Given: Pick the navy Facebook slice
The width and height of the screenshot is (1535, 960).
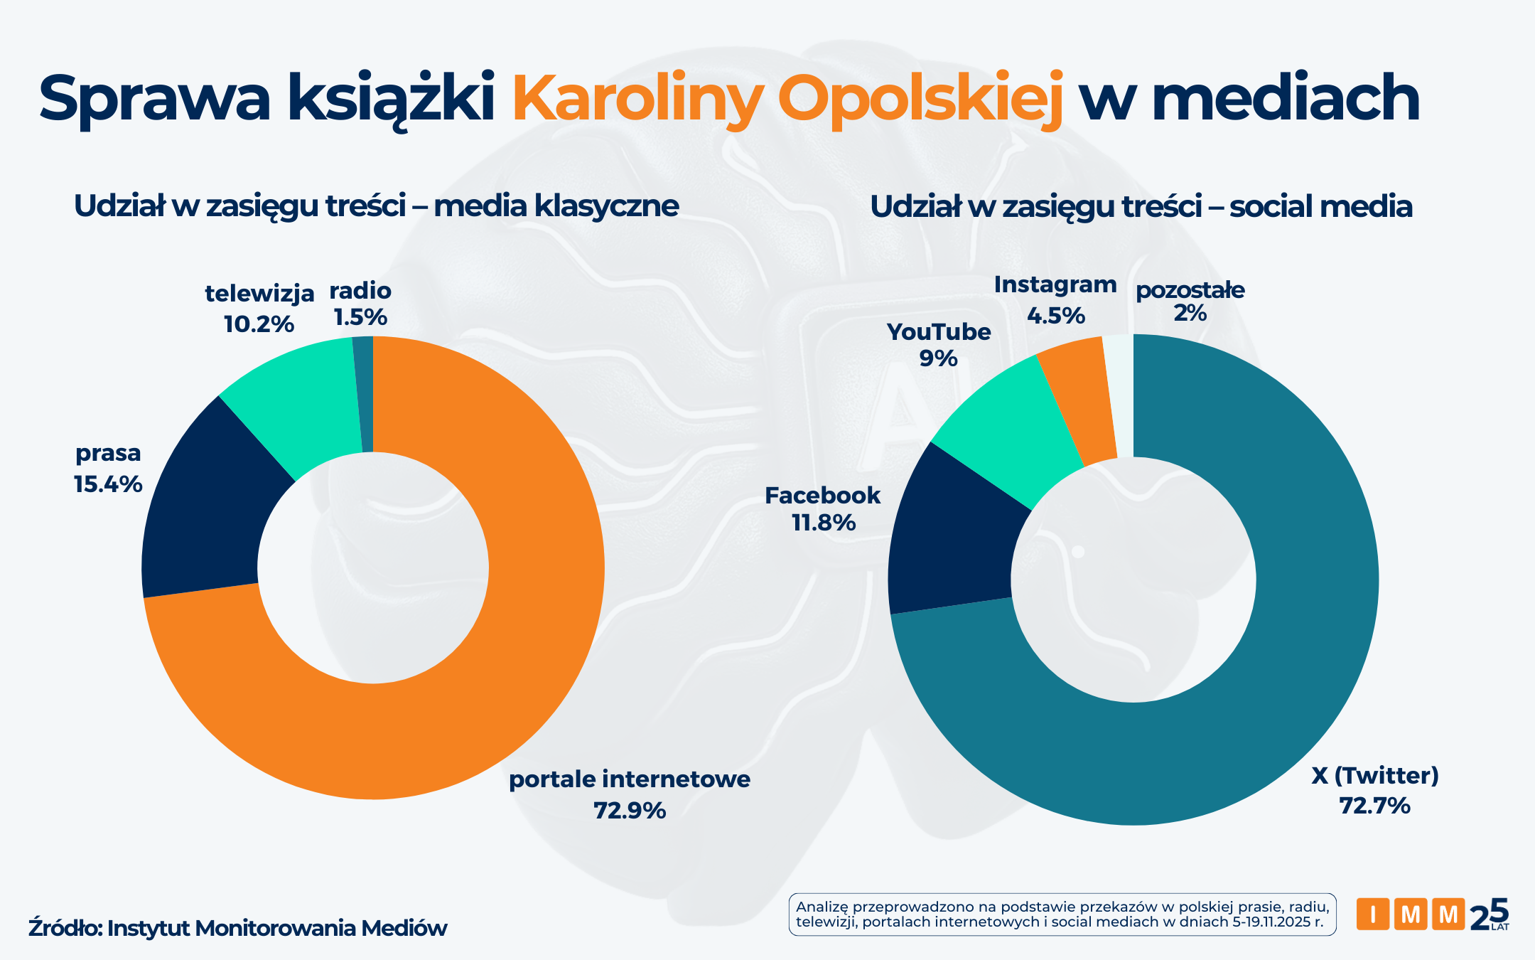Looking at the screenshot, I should coord(952,540).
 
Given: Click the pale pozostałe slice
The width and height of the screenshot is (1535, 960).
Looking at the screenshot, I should coord(1121,395).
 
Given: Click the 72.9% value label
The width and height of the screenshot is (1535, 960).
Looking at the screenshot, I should coord(630,811).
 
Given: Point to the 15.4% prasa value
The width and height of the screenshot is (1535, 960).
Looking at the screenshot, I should coord(108,484).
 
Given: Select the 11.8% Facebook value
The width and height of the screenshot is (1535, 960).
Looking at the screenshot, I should coord(824,523).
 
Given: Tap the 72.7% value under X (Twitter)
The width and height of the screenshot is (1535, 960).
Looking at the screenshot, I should coord(1374,806).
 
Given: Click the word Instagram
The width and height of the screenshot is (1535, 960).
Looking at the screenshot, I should coord(1055,284).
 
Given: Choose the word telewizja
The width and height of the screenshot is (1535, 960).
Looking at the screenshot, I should coord(259,293).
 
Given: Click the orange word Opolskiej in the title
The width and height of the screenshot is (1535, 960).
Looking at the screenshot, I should coord(920,100).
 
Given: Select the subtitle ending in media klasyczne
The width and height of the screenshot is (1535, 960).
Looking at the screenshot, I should coord(377,206).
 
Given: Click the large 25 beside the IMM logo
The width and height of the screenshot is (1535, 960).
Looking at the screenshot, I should coord(1489,914).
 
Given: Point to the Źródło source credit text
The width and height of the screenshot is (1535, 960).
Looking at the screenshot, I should coord(237,928).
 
